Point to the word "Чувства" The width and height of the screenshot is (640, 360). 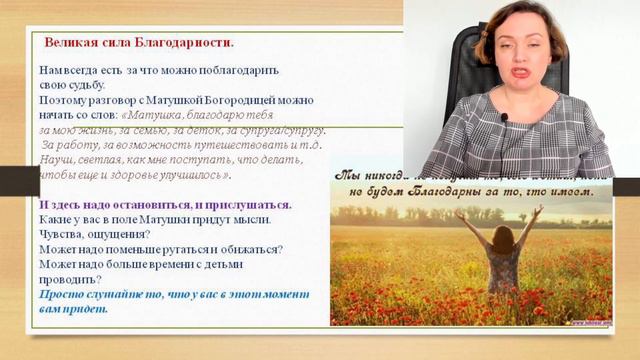pyautogui.click(x=63, y=234)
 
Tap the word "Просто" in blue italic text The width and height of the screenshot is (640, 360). pyautogui.click(x=62, y=294)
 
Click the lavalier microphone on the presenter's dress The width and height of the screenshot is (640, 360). pyautogui.click(x=504, y=118)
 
